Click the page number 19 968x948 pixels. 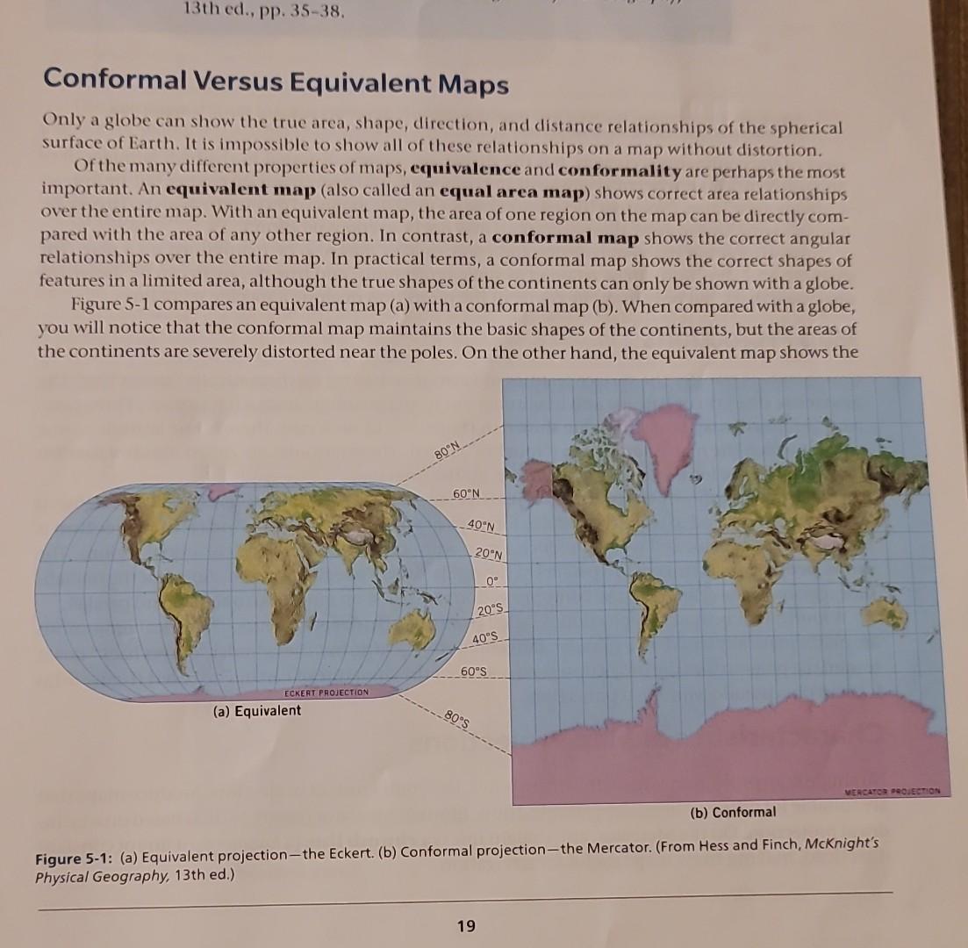(x=466, y=925)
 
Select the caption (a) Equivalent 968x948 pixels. (x=256, y=710)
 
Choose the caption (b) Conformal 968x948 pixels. (x=733, y=812)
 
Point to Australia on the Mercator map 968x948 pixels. (x=883, y=612)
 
